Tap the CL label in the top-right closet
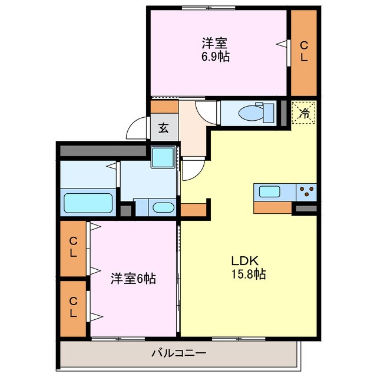point(303,51)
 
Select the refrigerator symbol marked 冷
point(305,113)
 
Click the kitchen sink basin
point(270,191)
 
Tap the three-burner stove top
point(306,191)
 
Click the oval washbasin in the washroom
point(163,207)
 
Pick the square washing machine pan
point(163,157)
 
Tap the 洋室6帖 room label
point(133,279)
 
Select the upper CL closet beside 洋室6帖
point(73,247)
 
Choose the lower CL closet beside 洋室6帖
point(73,308)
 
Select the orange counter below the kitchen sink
point(273,207)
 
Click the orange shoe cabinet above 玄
point(164,107)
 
